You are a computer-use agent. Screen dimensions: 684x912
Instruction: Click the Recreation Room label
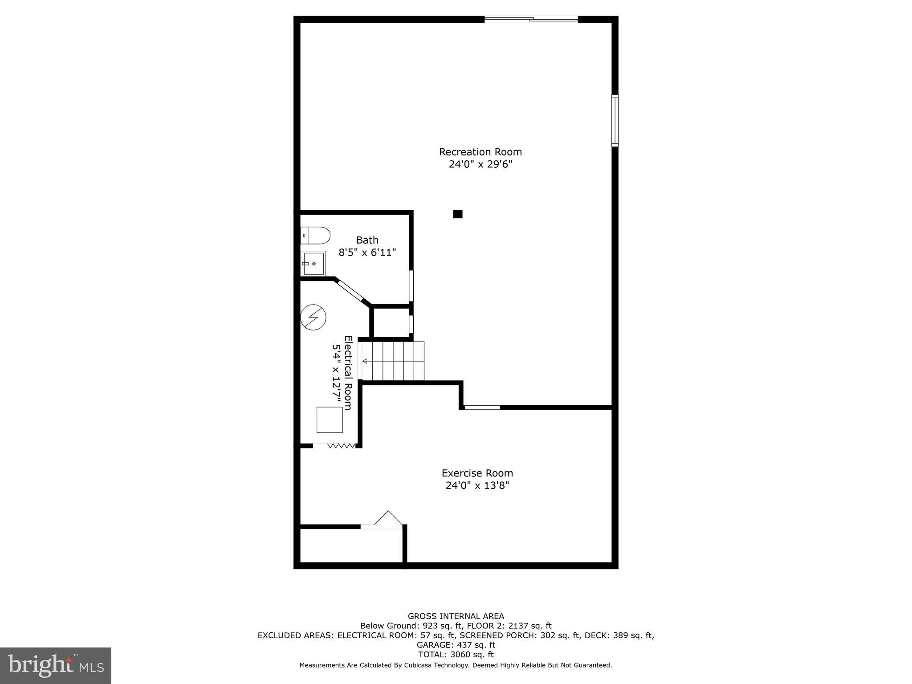click(x=480, y=152)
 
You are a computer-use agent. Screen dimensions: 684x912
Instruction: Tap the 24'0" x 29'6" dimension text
click(x=480, y=164)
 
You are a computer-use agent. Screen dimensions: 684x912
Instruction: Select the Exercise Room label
click(x=477, y=473)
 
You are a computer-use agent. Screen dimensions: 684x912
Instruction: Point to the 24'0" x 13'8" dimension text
click(x=477, y=485)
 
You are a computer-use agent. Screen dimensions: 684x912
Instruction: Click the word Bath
click(x=367, y=240)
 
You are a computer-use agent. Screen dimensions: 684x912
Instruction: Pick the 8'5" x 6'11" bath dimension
click(x=367, y=252)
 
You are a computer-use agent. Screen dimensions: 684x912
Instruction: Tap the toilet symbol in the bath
click(x=316, y=235)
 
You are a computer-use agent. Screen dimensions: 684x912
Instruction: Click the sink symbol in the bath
click(x=313, y=263)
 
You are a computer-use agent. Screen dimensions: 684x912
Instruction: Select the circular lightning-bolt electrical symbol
click(x=313, y=317)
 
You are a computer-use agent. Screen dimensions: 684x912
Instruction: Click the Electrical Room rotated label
click(x=348, y=373)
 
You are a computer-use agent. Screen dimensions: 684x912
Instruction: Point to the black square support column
click(x=457, y=214)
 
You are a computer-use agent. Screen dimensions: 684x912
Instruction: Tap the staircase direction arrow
click(x=366, y=361)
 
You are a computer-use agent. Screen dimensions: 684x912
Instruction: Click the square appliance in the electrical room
click(x=330, y=419)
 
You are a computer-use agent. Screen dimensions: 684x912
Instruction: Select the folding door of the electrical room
click(x=341, y=445)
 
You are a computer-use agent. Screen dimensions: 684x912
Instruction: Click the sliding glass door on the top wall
click(x=531, y=19)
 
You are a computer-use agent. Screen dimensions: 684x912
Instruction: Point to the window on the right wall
click(x=615, y=120)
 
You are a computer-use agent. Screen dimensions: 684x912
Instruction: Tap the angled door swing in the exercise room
click(x=388, y=518)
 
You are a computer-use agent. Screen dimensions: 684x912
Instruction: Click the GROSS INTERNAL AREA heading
click(x=456, y=616)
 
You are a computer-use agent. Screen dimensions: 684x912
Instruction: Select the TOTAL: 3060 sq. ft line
click(x=456, y=655)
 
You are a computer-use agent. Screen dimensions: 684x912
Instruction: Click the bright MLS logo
click(x=56, y=666)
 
